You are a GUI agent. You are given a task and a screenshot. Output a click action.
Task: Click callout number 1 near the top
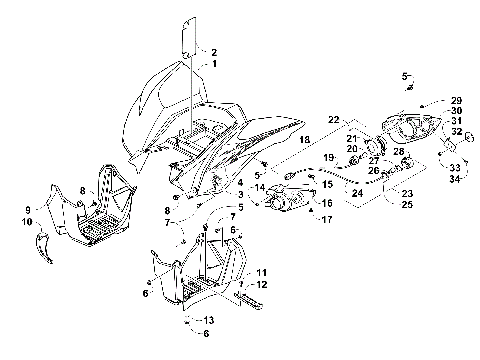coord(212,63)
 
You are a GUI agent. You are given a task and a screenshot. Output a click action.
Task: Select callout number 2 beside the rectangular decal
coord(212,51)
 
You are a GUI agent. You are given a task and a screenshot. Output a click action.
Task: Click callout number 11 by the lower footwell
coord(261,272)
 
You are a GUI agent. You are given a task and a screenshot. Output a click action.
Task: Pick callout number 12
coord(261,285)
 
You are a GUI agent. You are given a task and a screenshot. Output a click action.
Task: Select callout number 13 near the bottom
coord(208,320)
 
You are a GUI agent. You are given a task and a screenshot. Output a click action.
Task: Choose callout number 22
coord(334,118)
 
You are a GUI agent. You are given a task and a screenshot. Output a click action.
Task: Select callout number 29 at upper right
coord(455,101)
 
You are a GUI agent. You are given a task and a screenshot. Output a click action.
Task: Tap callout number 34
coord(455,178)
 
